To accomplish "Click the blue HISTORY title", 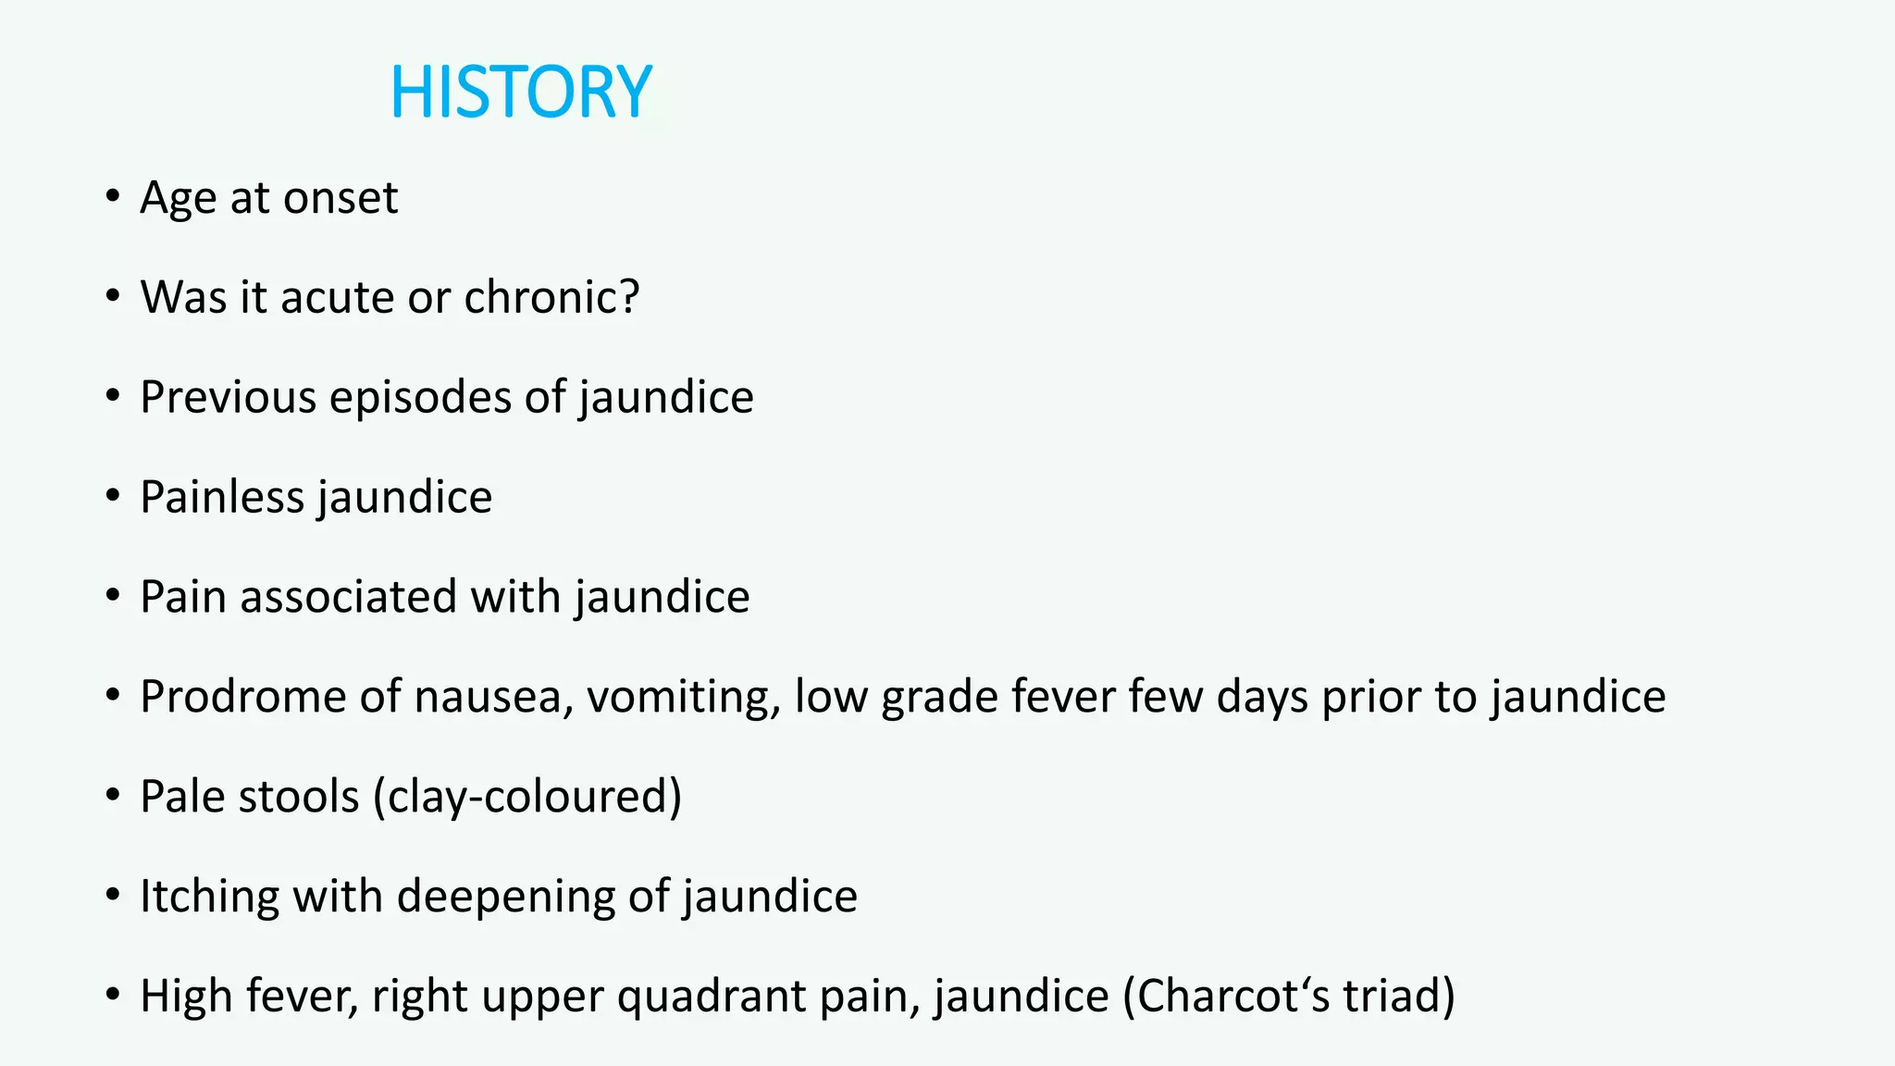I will pos(521,93).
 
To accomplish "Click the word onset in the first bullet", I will pos(341,198).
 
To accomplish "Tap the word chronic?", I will pos(551,298).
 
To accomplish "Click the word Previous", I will pos(229,398).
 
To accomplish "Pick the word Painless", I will pos(222,498).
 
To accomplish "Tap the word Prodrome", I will pos(243,697).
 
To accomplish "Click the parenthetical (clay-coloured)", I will pos(527,797).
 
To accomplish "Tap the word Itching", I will pos(210,897).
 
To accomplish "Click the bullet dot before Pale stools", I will pos(113,795).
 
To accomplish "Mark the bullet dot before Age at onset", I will pos(113,196).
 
